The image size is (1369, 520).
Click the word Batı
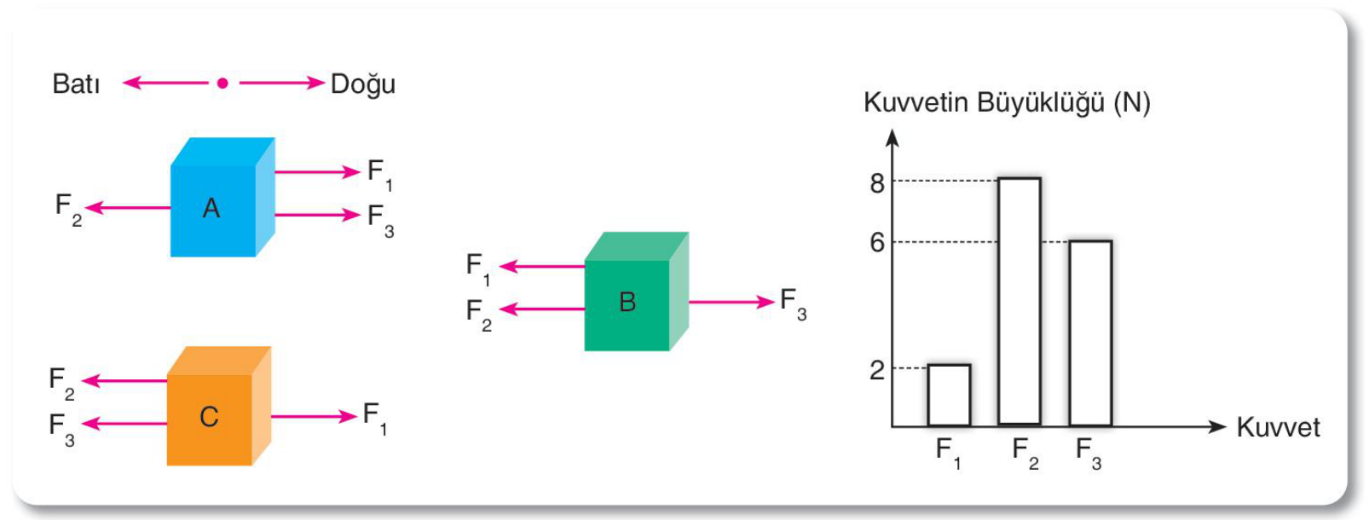tap(76, 84)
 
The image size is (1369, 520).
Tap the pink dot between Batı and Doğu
tap(222, 83)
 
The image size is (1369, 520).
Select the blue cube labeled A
tap(222, 197)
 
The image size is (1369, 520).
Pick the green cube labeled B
tap(636, 292)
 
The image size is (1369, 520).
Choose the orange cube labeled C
tap(219, 406)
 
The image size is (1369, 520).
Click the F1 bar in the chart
tap(949, 395)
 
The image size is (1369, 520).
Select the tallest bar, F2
tap(1020, 301)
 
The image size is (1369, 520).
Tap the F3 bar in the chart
tap(1090, 333)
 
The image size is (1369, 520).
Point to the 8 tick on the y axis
tap(877, 183)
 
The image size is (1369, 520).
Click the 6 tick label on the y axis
tap(877, 243)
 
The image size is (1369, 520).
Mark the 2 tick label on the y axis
tap(877, 370)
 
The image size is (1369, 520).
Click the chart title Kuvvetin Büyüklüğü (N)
tap(1007, 103)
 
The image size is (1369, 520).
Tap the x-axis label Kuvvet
tap(1278, 427)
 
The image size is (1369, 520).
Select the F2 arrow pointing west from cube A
tap(128, 208)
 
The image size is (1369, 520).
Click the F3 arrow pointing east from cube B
tap(731, 302)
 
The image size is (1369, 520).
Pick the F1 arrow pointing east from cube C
tap(314, 417)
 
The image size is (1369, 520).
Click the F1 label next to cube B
tap(478, 269)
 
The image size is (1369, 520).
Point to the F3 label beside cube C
tap(61, 430)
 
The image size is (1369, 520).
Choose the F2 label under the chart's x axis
tap(1025, 454)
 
